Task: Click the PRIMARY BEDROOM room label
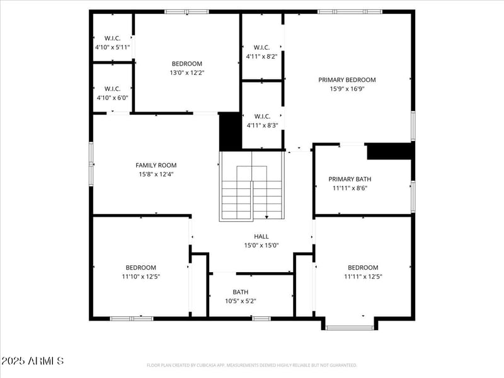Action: click(346, 80)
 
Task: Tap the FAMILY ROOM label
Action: click(156, 165)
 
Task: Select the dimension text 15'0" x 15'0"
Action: click(261, 246)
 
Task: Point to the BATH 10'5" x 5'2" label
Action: click(240, 292)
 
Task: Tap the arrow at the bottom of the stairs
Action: click(266, 217)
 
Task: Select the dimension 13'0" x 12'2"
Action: click(187, 72)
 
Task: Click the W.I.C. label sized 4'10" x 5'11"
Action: click(112, 38)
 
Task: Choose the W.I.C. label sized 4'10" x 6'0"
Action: click(112, 89)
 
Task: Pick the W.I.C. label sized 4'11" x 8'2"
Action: click(261, 47)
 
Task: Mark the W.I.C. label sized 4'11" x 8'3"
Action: click(261, 117)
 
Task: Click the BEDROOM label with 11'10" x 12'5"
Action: click(140, 268)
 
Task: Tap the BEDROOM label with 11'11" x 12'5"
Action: click(363, 268)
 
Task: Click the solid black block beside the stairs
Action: click(230, 131)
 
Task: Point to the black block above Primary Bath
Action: click(389, 151)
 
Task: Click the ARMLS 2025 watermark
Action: click(32, 361)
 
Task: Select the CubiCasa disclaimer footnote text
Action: click(251, 365)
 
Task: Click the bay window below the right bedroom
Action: click(349, 327)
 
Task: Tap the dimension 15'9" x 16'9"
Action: click(346, 89)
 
